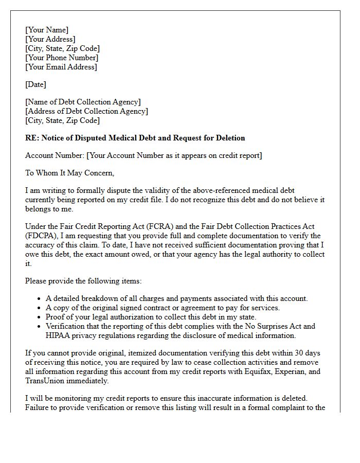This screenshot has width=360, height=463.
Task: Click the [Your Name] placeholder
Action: pos(47,30)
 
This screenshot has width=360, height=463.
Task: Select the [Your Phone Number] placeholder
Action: pos(61,58)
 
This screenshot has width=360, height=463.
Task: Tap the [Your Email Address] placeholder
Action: pos(61,67)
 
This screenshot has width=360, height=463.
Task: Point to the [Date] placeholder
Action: pos(35,84)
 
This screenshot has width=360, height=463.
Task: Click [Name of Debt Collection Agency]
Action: pos(83,102)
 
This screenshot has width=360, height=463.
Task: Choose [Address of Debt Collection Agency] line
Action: pos(86,111)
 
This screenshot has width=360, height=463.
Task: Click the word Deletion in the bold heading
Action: pos(229,138)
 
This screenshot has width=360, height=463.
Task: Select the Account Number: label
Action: pos(55,155)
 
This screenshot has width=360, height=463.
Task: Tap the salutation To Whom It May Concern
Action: pos(70,173)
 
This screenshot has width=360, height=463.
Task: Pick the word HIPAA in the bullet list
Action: pos(59,335)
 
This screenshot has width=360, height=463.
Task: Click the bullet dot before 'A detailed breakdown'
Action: pos(40,299)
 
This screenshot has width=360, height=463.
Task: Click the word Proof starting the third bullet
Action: pos(56,317)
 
